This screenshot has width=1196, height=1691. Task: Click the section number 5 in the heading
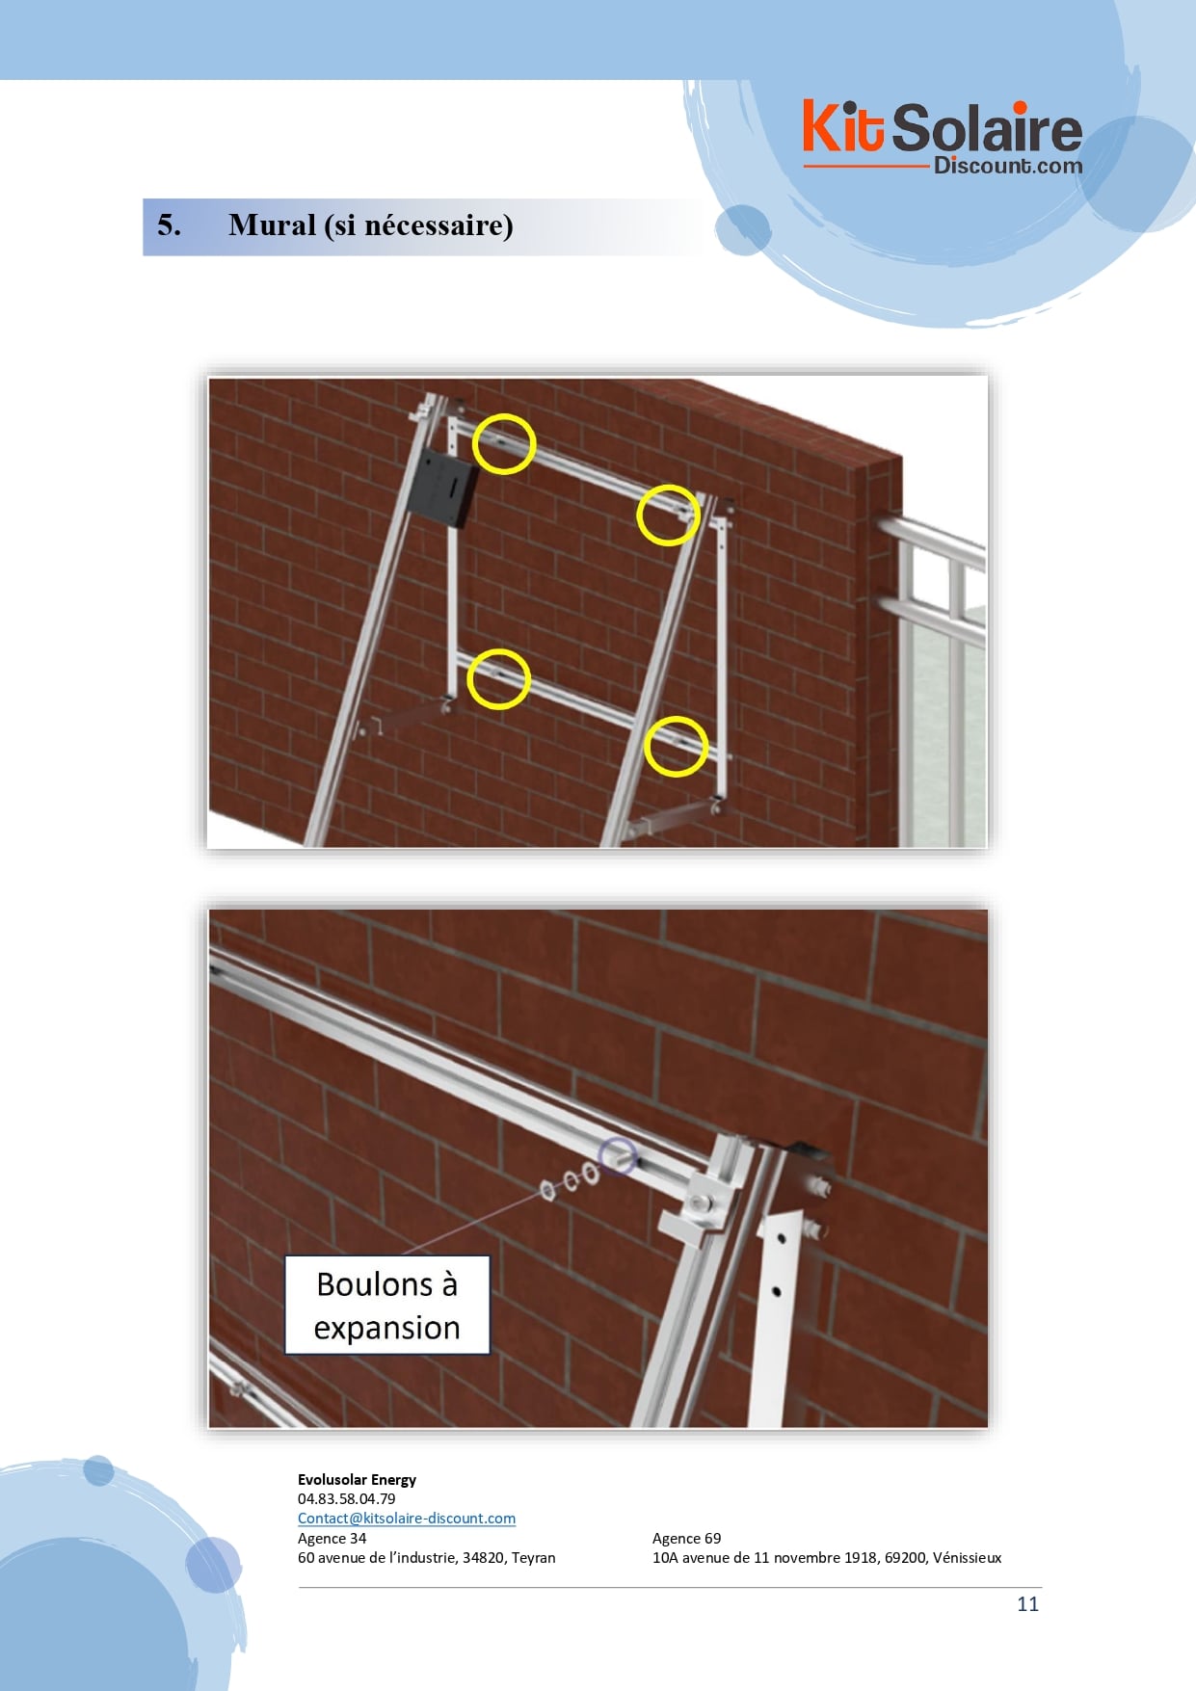coord(169,225)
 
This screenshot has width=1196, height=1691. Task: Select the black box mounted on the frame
coord(441,488)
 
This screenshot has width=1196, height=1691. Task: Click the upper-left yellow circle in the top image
coord(504,443)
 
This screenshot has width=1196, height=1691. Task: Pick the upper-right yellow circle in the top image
coord(668,515)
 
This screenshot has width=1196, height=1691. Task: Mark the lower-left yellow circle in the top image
coord(498,678)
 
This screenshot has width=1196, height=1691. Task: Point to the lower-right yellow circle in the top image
coord(676,746)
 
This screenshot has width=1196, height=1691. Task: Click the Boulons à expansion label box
coord(387,1306)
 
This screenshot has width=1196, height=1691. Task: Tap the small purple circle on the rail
coord(618,1156)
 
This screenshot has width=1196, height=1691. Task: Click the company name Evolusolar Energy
coord(357,1479)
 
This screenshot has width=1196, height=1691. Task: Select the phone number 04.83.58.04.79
coord(346,1498)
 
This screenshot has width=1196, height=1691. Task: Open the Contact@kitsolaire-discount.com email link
coord(407,1518)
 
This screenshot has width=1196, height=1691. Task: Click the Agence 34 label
coord(332,1538)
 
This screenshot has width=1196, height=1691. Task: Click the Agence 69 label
coord(686,1538)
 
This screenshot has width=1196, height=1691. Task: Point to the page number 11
coord(1027,1603)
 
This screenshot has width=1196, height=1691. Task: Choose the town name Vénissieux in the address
coord(967,1557)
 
